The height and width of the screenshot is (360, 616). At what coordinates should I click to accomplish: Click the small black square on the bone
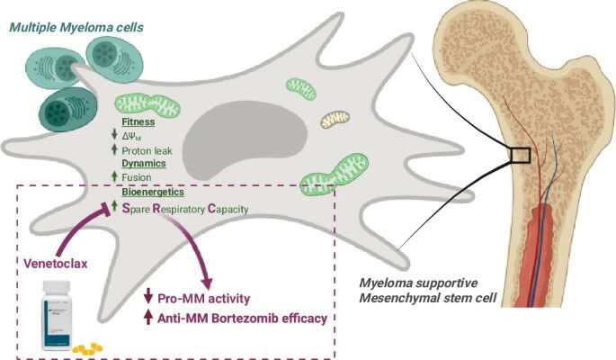coord(519,156)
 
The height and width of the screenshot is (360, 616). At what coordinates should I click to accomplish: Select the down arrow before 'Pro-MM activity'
coord(148,298)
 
